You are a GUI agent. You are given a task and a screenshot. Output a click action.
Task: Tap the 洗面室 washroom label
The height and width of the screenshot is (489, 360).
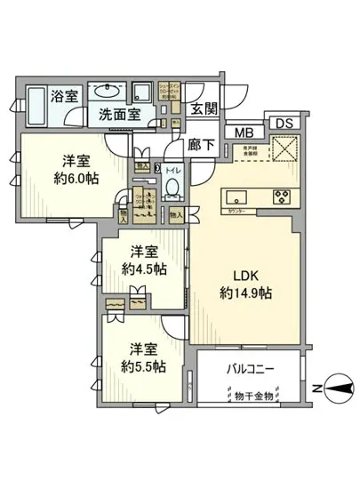point(117,114)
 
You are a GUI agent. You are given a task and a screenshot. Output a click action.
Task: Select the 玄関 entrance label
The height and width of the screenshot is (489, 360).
point(204,109)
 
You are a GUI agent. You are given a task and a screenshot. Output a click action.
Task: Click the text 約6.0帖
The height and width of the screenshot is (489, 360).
point(75,178)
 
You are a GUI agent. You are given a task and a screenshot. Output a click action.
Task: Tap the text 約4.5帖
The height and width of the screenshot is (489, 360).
point(144,268)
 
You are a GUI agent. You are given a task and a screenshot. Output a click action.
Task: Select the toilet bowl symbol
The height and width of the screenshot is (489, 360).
point(174,183)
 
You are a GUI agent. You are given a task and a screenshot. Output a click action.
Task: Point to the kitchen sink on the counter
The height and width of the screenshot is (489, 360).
point(237,196)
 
